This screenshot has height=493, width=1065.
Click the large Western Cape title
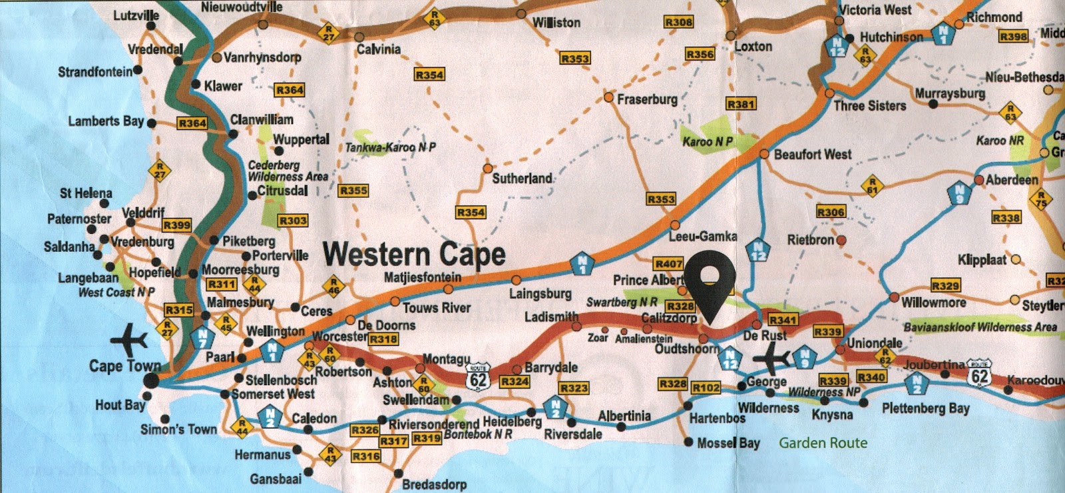point(414,254)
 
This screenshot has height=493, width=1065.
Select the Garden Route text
point(823,443)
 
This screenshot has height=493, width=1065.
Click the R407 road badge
point(668,264)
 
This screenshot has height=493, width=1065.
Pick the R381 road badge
point(741,104)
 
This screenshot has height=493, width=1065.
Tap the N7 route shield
point(202,338)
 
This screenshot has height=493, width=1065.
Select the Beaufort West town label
point(812,155)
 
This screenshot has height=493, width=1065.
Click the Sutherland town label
point(522,179)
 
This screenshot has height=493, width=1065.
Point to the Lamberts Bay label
point(106,121)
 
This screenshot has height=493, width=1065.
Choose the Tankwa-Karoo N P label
point(390,147)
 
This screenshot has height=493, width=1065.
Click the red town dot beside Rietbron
point(841,240)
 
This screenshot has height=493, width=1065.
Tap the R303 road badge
point(293,221)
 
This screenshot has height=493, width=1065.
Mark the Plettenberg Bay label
point(925,408)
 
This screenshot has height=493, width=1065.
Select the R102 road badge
point(706,388)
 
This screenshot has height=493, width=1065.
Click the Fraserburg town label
point(647,99)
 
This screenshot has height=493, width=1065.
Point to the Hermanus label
point(262,455)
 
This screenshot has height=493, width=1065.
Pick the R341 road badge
point(782,320)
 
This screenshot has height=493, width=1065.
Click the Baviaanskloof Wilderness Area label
point(980,327)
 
